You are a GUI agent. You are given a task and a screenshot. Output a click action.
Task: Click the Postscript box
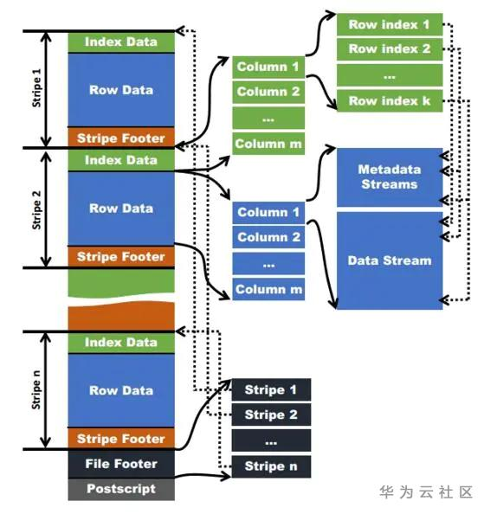121,489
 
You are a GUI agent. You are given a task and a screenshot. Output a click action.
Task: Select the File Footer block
121,464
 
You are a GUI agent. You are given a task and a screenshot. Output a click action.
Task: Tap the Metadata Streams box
388,177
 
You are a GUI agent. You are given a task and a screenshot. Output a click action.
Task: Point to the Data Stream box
388,260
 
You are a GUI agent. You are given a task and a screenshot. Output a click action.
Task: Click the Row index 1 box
389,24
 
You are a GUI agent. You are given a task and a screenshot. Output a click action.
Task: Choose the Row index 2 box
389,48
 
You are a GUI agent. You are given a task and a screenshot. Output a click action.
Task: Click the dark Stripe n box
270,466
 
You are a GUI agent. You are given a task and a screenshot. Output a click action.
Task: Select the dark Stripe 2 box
270,414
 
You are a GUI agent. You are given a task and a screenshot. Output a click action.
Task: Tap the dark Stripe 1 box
270,389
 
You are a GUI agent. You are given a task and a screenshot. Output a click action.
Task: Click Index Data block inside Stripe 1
121,42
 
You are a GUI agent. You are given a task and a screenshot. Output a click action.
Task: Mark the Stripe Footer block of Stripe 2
121,256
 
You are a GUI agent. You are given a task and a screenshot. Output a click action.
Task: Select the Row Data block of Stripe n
121,390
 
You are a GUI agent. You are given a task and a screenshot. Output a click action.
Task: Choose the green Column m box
268,144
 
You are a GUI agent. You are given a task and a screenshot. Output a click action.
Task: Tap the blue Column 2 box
268,237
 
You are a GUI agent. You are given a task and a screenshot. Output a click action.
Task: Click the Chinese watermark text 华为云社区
426,492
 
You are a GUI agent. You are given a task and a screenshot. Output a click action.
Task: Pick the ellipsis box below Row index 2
389,74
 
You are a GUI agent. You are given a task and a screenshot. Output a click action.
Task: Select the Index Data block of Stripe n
121,343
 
